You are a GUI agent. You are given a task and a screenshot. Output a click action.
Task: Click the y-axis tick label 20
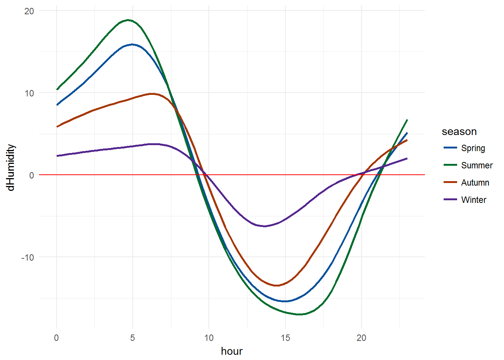click(x=29, y=11)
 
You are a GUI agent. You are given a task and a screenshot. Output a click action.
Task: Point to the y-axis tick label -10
click(x=27, y=257)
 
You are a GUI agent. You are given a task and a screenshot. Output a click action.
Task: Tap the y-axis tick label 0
click(x=31, y=175)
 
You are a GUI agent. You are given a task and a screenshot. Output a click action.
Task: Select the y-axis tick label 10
click(x=29, y=93)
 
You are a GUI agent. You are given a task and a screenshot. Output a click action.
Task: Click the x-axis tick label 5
click(x=132, y=338)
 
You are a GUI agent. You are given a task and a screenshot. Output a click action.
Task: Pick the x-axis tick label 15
click(x=285, y=338)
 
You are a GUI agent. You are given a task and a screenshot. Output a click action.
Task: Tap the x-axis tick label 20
click(x=361, y=338)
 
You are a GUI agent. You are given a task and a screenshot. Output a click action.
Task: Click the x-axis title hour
click(x=232, y=351)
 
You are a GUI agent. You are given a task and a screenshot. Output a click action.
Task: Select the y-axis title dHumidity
click(x=11, y=168)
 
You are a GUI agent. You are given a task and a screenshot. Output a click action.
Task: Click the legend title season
click(x=459, y=132)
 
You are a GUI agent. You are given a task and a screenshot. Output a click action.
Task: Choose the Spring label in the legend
click(x=473, y=148)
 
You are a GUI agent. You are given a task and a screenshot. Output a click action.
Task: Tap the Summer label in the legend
click(x=477, y=165)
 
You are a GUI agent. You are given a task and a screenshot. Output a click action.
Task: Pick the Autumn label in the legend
click(x=475, y=183)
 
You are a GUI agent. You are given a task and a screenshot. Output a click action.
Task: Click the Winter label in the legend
click(x=474, y=200)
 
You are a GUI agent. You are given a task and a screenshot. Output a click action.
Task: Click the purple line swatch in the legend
click(x=450, y=199)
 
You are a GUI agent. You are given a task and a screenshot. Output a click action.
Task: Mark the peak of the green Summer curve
click(x=128, y=20)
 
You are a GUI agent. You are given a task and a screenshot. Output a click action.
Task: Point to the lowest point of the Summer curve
click(x=299, y=314)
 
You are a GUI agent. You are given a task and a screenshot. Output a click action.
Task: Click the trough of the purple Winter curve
click(x=265, y=226)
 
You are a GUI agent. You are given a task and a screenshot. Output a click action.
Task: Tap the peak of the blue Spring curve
click(x=132, y=45)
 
